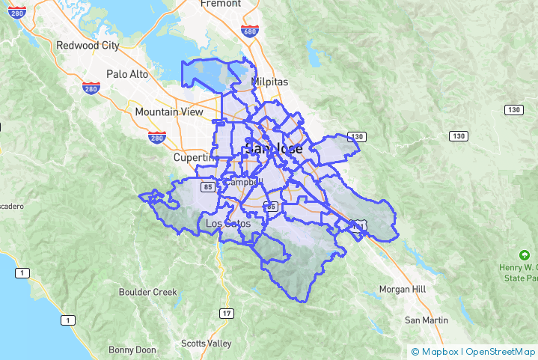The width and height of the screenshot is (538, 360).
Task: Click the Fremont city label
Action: click(220, 4)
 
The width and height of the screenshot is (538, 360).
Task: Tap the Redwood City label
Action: click(88, 46)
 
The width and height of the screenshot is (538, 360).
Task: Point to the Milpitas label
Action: click(270, 82)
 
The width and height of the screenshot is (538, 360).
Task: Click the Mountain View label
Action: click(168, 112)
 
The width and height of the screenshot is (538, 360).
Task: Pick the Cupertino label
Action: click(193, 158)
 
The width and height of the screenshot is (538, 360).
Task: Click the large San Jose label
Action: click(274, 149)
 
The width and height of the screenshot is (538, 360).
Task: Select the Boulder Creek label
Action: click(148, 292)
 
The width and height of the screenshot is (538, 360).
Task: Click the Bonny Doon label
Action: click(132, 350)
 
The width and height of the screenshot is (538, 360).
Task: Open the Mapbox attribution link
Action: click(437, 351)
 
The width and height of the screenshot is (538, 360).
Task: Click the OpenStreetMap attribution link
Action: click(501, 351)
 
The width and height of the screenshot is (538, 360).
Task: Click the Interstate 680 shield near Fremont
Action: click(251, 31)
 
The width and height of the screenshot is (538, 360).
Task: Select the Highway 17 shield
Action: click(227, 313)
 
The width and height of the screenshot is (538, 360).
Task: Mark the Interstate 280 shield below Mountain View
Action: click(156, 137)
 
